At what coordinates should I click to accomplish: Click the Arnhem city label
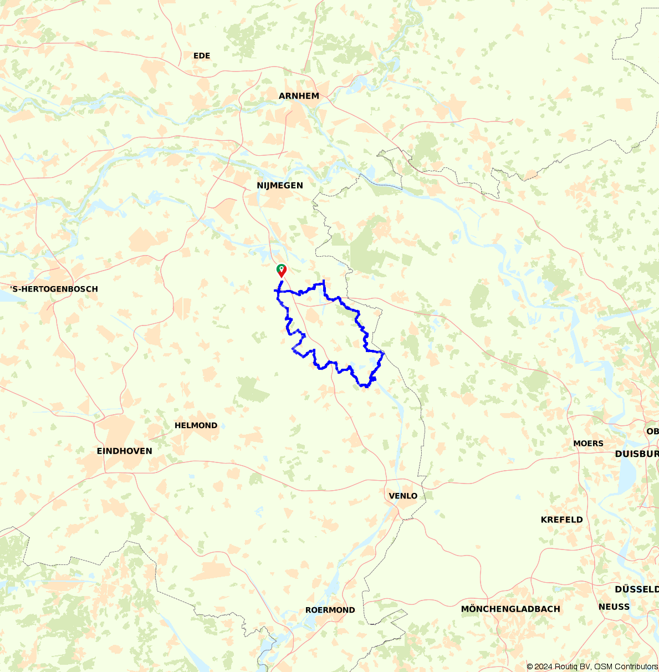299,96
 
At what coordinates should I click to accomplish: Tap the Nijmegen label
280,185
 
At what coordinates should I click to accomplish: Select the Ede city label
202,55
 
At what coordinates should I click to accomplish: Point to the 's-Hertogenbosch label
54,289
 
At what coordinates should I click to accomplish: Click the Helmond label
196,425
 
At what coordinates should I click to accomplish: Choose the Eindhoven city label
124,451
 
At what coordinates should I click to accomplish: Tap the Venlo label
403,496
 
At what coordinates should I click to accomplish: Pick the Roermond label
330,610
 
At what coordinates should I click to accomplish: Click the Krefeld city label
561,520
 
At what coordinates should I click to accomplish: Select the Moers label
588,443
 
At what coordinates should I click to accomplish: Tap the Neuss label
614,607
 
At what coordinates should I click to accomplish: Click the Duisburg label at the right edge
636,454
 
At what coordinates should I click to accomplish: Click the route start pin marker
282,270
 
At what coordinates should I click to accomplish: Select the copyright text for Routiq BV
573,666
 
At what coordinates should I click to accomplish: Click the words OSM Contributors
626,666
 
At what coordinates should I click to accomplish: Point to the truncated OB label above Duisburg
652,431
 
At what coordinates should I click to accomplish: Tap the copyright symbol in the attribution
530,666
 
